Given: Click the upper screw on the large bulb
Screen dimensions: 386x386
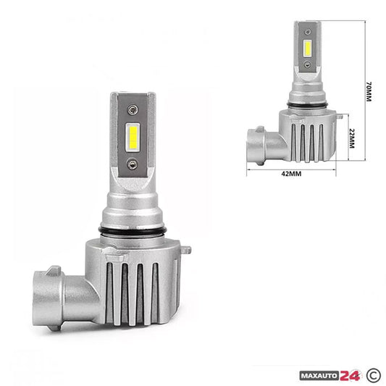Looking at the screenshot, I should point(133,109).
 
